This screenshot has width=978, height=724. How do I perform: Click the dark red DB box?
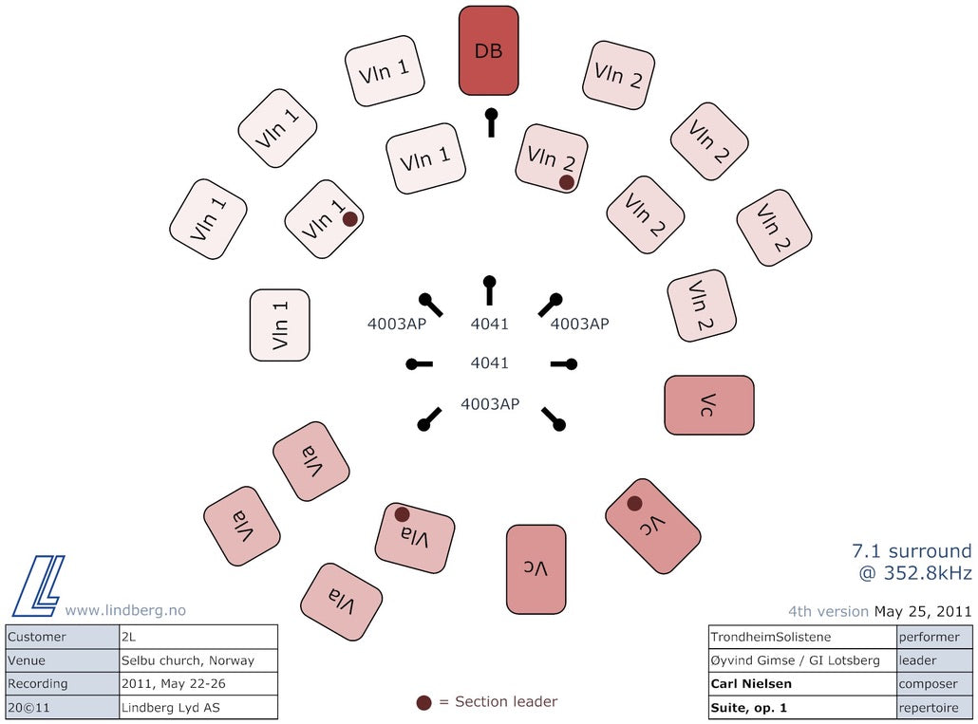(488, 50)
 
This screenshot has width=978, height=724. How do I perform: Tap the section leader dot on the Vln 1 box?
(350, 218)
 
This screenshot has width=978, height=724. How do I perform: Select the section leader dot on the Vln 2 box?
(566, 182)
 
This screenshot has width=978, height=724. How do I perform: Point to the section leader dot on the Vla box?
(403, 514)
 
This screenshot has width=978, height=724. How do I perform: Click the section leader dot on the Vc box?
(635, 504)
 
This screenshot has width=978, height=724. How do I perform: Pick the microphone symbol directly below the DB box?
(492, 122)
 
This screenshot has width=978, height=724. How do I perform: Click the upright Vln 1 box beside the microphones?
(279, 325)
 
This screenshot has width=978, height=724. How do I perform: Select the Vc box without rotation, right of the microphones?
(709, 405)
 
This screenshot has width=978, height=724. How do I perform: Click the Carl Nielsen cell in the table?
(802, 684)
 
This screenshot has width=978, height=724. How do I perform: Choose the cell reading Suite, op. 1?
(802, 708)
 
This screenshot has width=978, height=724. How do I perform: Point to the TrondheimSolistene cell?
(802, 638)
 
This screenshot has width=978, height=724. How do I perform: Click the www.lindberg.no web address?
(125, 610)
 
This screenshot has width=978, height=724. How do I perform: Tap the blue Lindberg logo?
(39, 585)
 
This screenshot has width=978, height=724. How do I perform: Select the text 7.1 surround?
(912, 550)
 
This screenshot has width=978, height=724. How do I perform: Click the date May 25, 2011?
(923, 612)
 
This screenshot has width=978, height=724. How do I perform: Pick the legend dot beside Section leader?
(424, 703)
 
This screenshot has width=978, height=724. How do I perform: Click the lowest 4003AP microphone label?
(490, 404)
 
